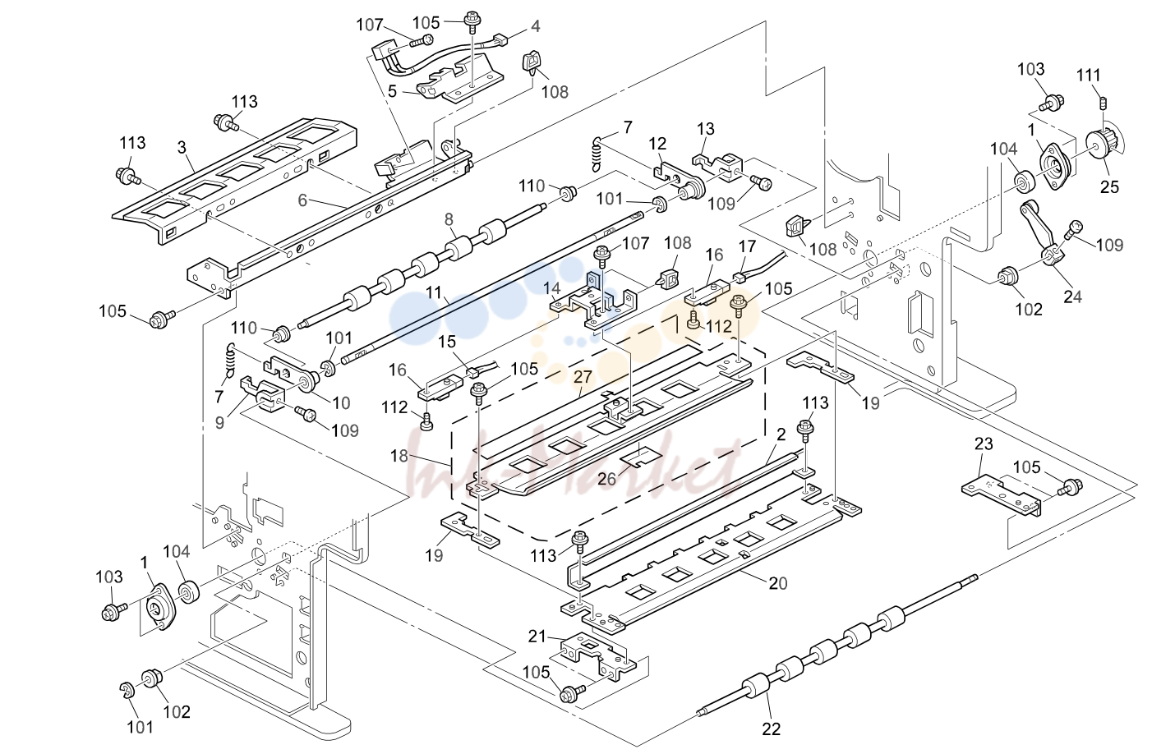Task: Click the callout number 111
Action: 1089,76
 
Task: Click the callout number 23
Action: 984,444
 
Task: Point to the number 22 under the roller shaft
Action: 771,729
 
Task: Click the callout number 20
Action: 778,583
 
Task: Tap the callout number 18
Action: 399,456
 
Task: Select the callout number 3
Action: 182,148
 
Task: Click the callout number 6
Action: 302,200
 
